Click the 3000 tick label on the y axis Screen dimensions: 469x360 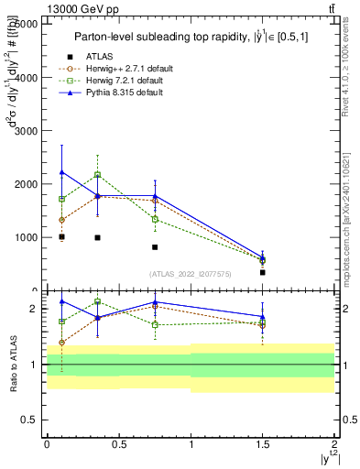click(26, 130)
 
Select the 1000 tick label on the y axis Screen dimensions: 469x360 click(26, 237)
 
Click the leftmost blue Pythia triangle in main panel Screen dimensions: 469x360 click(61, 172)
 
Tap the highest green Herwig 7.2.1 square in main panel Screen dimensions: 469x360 click(97, 174)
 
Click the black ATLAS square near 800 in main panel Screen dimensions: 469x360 click(155, 247)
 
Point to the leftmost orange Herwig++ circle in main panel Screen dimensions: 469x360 click(61, 220)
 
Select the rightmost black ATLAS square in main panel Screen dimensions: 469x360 click(263, 272)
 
